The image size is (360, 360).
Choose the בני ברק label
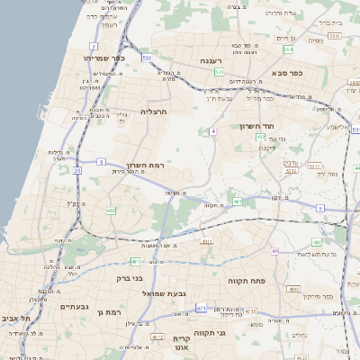(130, 278)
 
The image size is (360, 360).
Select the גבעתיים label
(74, 306)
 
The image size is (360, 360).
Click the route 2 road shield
(94, 45)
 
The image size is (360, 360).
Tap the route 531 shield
(146, 58)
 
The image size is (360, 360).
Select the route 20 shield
(77, 169)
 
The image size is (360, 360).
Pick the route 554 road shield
(286, 50)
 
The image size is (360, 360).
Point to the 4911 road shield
(207, 241)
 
